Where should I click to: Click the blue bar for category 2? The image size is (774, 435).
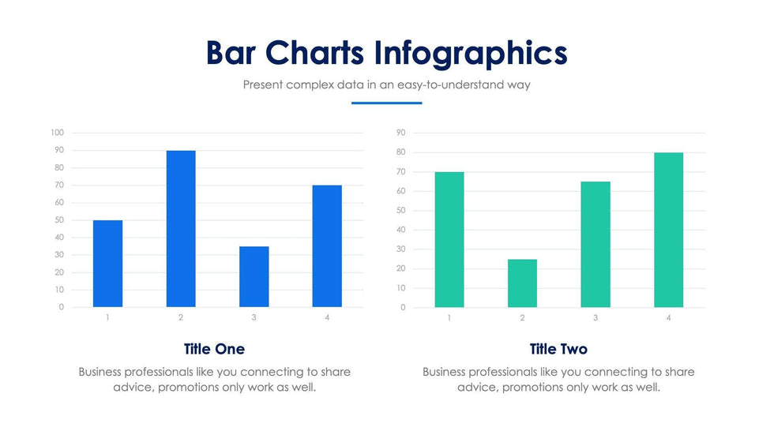point(181,228)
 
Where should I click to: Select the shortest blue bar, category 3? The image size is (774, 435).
point(254,276)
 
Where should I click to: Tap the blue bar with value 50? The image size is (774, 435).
point(107,263)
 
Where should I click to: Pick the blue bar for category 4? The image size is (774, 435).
point(327,246)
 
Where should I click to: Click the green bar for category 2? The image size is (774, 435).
point(522,283)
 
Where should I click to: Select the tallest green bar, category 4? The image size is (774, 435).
point(668,230)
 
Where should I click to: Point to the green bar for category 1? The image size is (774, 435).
point(449,239)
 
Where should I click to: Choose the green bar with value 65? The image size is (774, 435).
point(596,244)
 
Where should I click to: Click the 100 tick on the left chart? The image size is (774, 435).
point(57,133)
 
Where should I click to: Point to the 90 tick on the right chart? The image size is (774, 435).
point(401,133)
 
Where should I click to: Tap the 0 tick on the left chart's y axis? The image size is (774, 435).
point(61,307)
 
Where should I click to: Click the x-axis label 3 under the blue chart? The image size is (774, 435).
point(254,317)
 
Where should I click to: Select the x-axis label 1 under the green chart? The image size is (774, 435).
point(449,317)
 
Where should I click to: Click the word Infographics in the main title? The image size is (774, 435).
point(471,53)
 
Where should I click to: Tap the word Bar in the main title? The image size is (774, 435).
point(231,53)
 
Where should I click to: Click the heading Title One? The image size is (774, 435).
point(214,349)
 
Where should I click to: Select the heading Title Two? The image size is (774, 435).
point(558,349)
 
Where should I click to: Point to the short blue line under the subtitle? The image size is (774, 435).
point(386,103)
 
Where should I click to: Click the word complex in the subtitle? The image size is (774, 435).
point(308,84)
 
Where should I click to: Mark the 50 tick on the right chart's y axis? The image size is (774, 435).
point(401,210)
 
